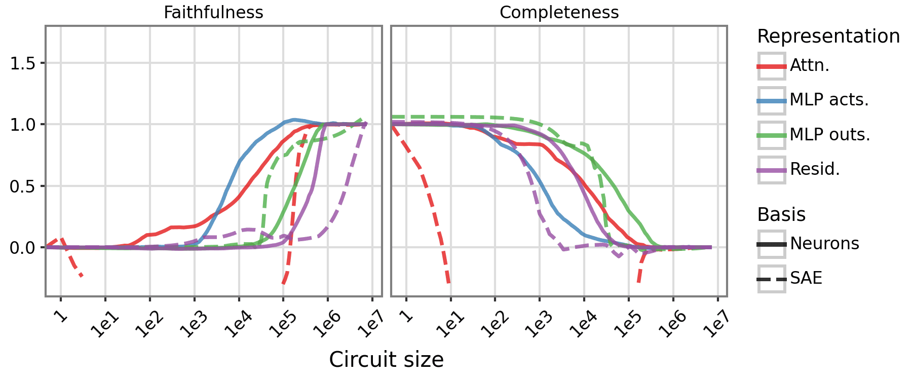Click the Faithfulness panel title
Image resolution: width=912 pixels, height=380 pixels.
point(213,12)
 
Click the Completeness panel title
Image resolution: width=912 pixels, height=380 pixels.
point(559,12)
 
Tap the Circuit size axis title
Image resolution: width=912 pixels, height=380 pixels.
point(386,360)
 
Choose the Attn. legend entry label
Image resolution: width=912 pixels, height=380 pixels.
point(809,66)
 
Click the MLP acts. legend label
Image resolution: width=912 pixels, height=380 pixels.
point(829,100)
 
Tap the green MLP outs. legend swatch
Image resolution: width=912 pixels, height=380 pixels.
point(772,135)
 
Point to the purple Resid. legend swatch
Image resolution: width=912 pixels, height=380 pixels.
point(772,169)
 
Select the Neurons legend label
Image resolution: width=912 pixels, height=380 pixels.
point(824,244)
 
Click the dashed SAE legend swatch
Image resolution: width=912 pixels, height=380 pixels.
point(772,279)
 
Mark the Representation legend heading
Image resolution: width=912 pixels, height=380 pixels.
point(828,36)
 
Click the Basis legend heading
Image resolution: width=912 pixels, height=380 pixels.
point(781,215)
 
